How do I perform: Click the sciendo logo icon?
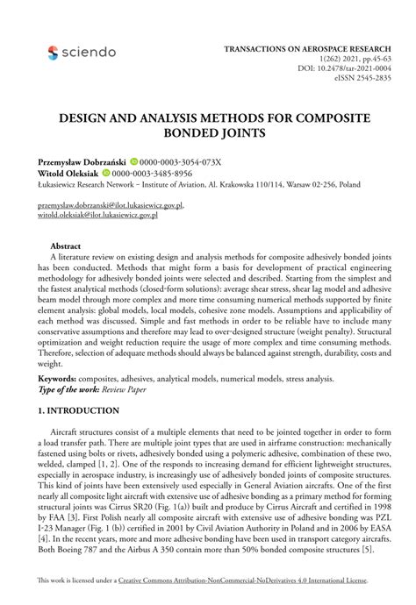click(x=53, y=53)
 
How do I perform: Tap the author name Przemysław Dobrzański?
click(x=82, y=162)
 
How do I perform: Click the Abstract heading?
click(x=66, y=247)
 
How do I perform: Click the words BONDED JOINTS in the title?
click(x=208, y=133)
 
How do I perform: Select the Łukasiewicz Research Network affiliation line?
click(x=198, y=185)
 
